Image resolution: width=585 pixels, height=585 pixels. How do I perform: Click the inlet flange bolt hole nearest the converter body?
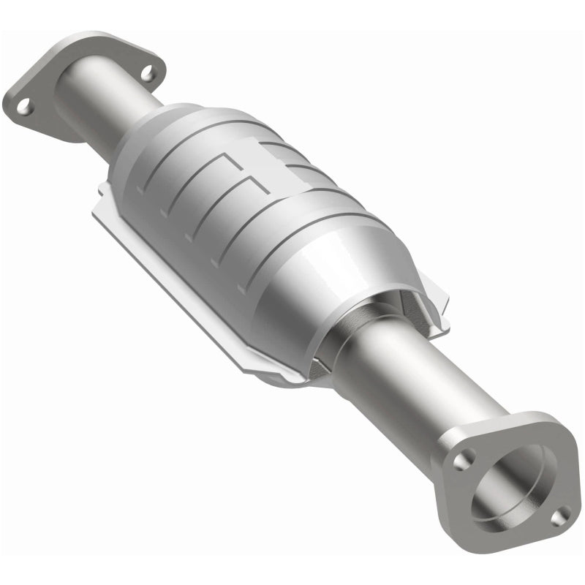(148, 73)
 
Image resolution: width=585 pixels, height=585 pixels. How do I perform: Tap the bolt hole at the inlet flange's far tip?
(25, 107)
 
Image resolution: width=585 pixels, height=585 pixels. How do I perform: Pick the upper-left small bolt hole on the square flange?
(461, 461)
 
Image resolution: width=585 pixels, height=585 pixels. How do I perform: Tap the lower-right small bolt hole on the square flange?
(557, 517)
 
